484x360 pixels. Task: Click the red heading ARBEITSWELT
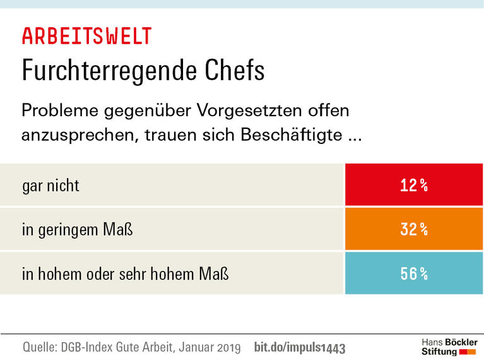[86, 37]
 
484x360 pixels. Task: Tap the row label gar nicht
[51, 186]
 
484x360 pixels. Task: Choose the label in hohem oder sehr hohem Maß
[125, 274]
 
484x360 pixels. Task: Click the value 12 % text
[414, 186]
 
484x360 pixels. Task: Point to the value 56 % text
[414, 274]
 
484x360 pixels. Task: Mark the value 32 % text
[414, 230]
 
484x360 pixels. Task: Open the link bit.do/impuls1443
[300, 347]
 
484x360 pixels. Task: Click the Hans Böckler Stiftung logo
[449, 347]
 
